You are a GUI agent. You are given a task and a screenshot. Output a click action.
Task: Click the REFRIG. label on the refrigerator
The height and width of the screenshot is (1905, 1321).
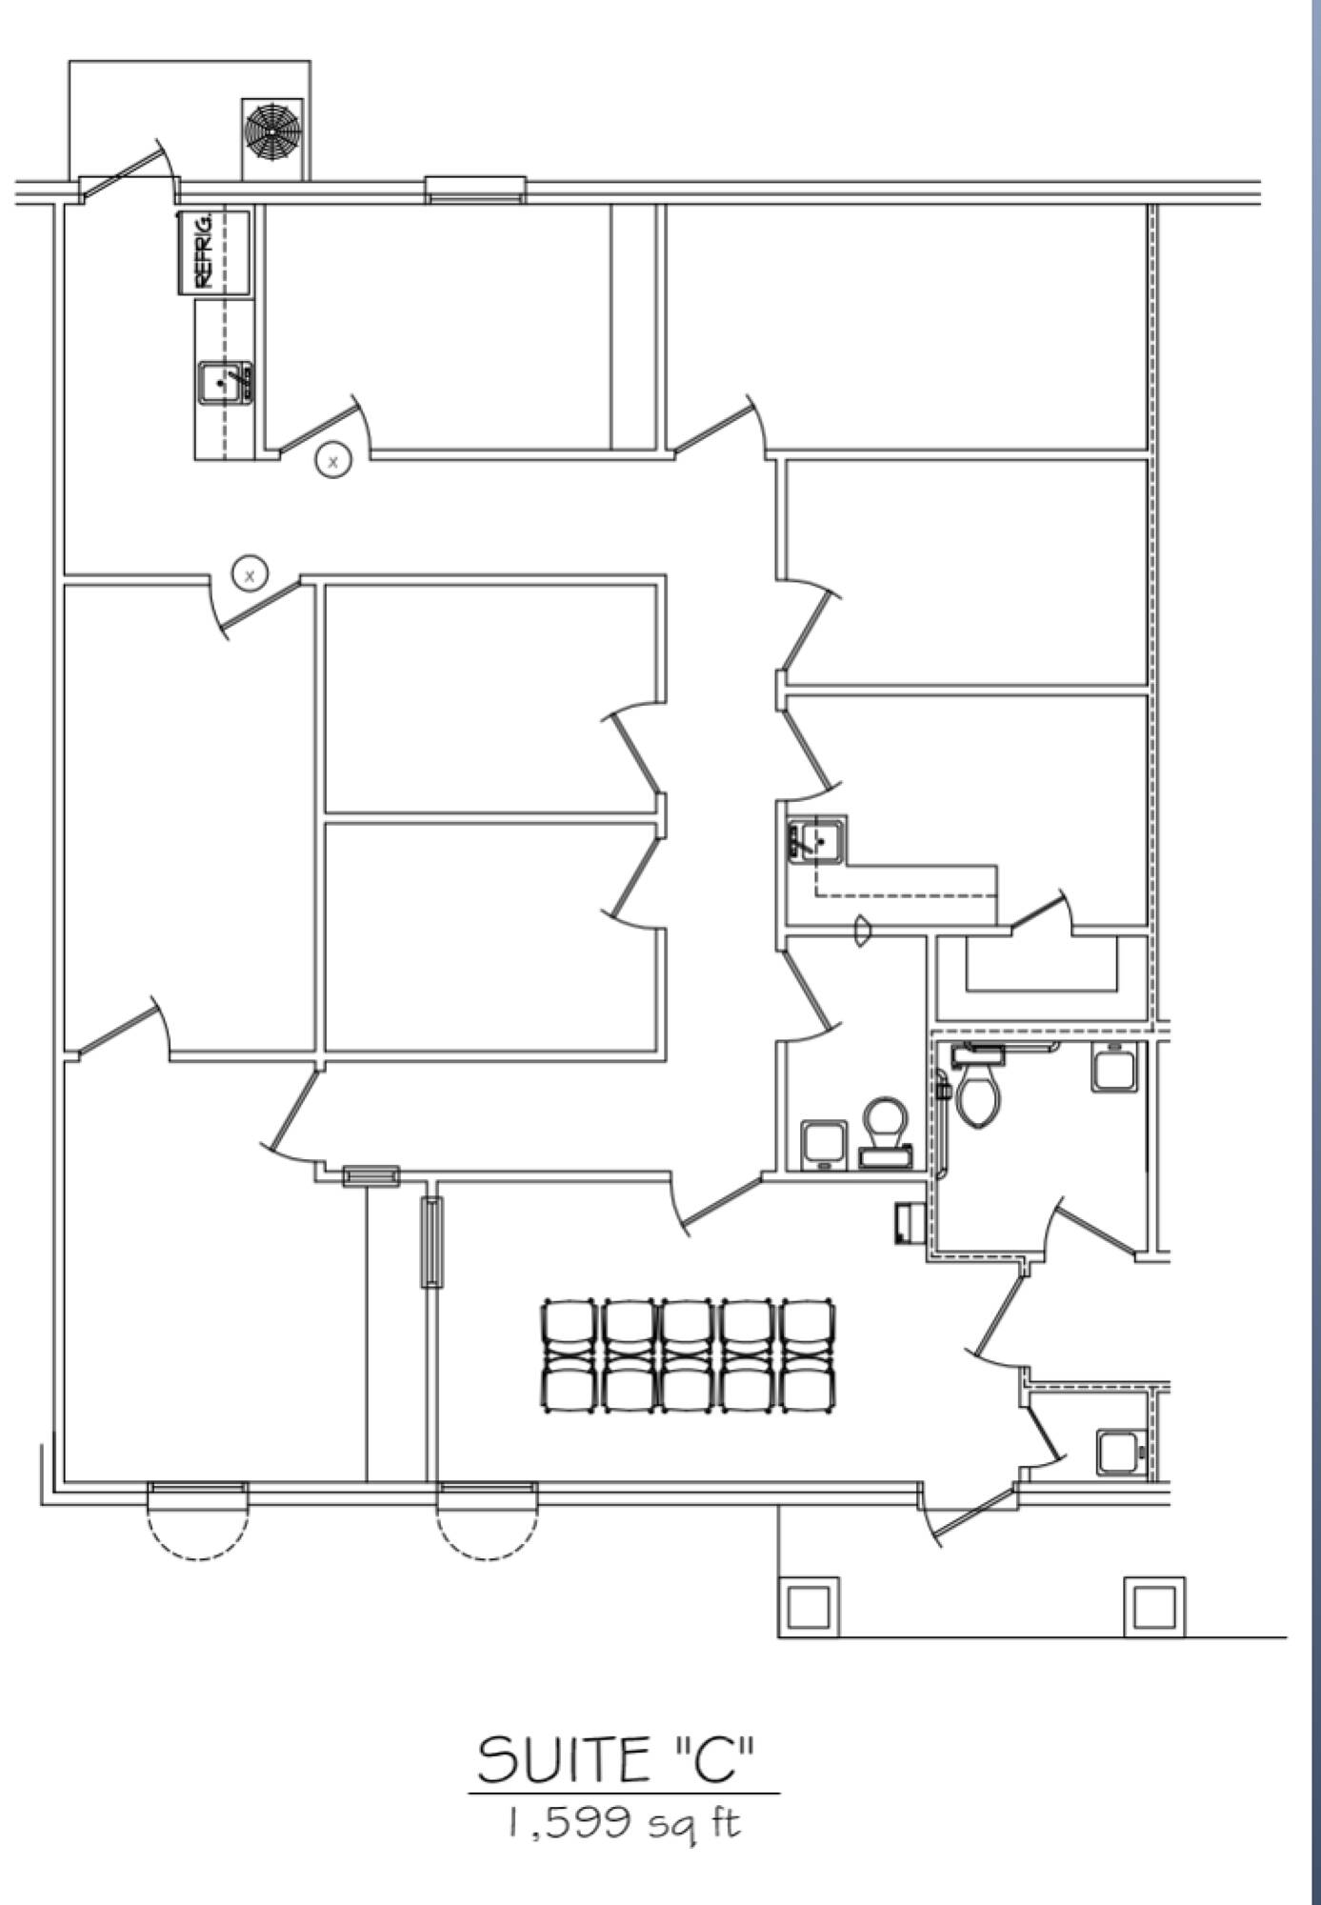click(202, 251)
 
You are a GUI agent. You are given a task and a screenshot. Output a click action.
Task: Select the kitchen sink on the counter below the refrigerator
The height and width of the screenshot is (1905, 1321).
click(226, 383)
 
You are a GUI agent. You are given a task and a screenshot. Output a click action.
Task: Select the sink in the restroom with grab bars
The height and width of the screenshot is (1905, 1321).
click(1114, 1068)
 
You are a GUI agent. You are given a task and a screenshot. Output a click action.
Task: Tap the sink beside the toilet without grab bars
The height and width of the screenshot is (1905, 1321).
click(824, 1144)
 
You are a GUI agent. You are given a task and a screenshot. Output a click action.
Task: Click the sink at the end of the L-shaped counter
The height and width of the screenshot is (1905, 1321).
click(816, 840)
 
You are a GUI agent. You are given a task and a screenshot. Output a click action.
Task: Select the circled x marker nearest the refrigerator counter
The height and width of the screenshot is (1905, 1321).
click(332, 461)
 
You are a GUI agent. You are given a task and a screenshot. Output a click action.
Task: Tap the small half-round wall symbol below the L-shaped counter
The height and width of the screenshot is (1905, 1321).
click(863, 931)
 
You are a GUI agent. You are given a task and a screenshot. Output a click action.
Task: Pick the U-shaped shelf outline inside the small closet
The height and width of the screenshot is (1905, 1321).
click(1043, 967)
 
